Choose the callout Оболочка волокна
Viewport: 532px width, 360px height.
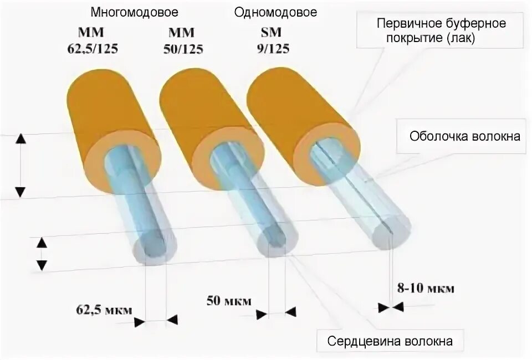point(465,136)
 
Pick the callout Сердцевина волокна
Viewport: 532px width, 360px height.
point(390,341)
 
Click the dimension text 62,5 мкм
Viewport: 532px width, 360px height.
point(104,310)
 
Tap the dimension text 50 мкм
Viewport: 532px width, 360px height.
point(229,301)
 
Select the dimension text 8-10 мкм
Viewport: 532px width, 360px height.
point(426,289)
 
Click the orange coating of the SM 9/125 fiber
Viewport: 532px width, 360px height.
point(288,105)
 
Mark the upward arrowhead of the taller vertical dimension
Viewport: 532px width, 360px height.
point(20,139)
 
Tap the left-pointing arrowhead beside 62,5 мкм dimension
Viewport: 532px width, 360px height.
point(172,320)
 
